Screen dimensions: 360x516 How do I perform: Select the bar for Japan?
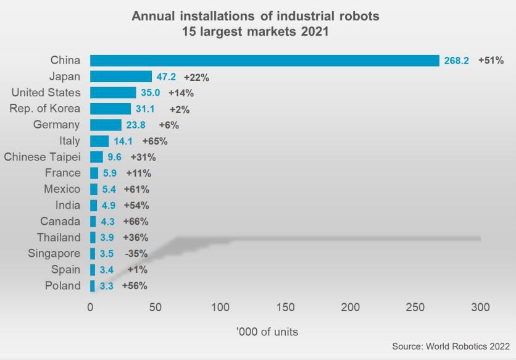click(x=121, y=77)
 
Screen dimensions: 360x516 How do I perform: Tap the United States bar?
click(x=113, y=93)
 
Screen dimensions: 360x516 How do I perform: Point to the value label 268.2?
click(x=457, y=61)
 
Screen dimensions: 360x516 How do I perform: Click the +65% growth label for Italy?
click(x=155, y=141)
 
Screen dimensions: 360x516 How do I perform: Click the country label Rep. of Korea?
click(x=45, y=109)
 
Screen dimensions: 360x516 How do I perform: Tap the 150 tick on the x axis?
click(x=285, y=307)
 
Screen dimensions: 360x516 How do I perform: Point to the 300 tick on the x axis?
click(x=480, y=307)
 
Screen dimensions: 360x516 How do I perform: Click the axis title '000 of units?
click(x=267, y=332)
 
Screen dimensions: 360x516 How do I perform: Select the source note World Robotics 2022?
click(x=450, y=346)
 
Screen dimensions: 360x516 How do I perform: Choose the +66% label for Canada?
click(x=136, y=221)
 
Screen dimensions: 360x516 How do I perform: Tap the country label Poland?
click(x=62, y=285)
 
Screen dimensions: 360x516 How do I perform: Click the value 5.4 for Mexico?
click(x=109, y=189)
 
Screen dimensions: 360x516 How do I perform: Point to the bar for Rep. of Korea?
click(x=110, y=109)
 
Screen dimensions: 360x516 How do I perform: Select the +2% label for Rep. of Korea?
click(x=180, y=109)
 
